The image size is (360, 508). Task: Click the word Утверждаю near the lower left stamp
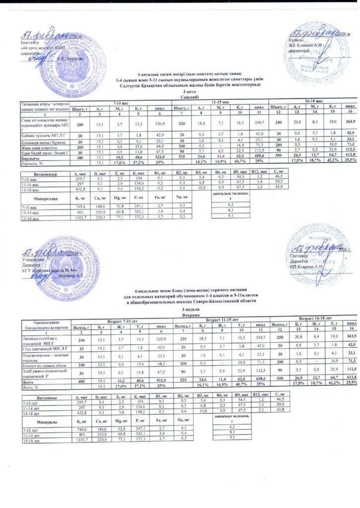point(31,259)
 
